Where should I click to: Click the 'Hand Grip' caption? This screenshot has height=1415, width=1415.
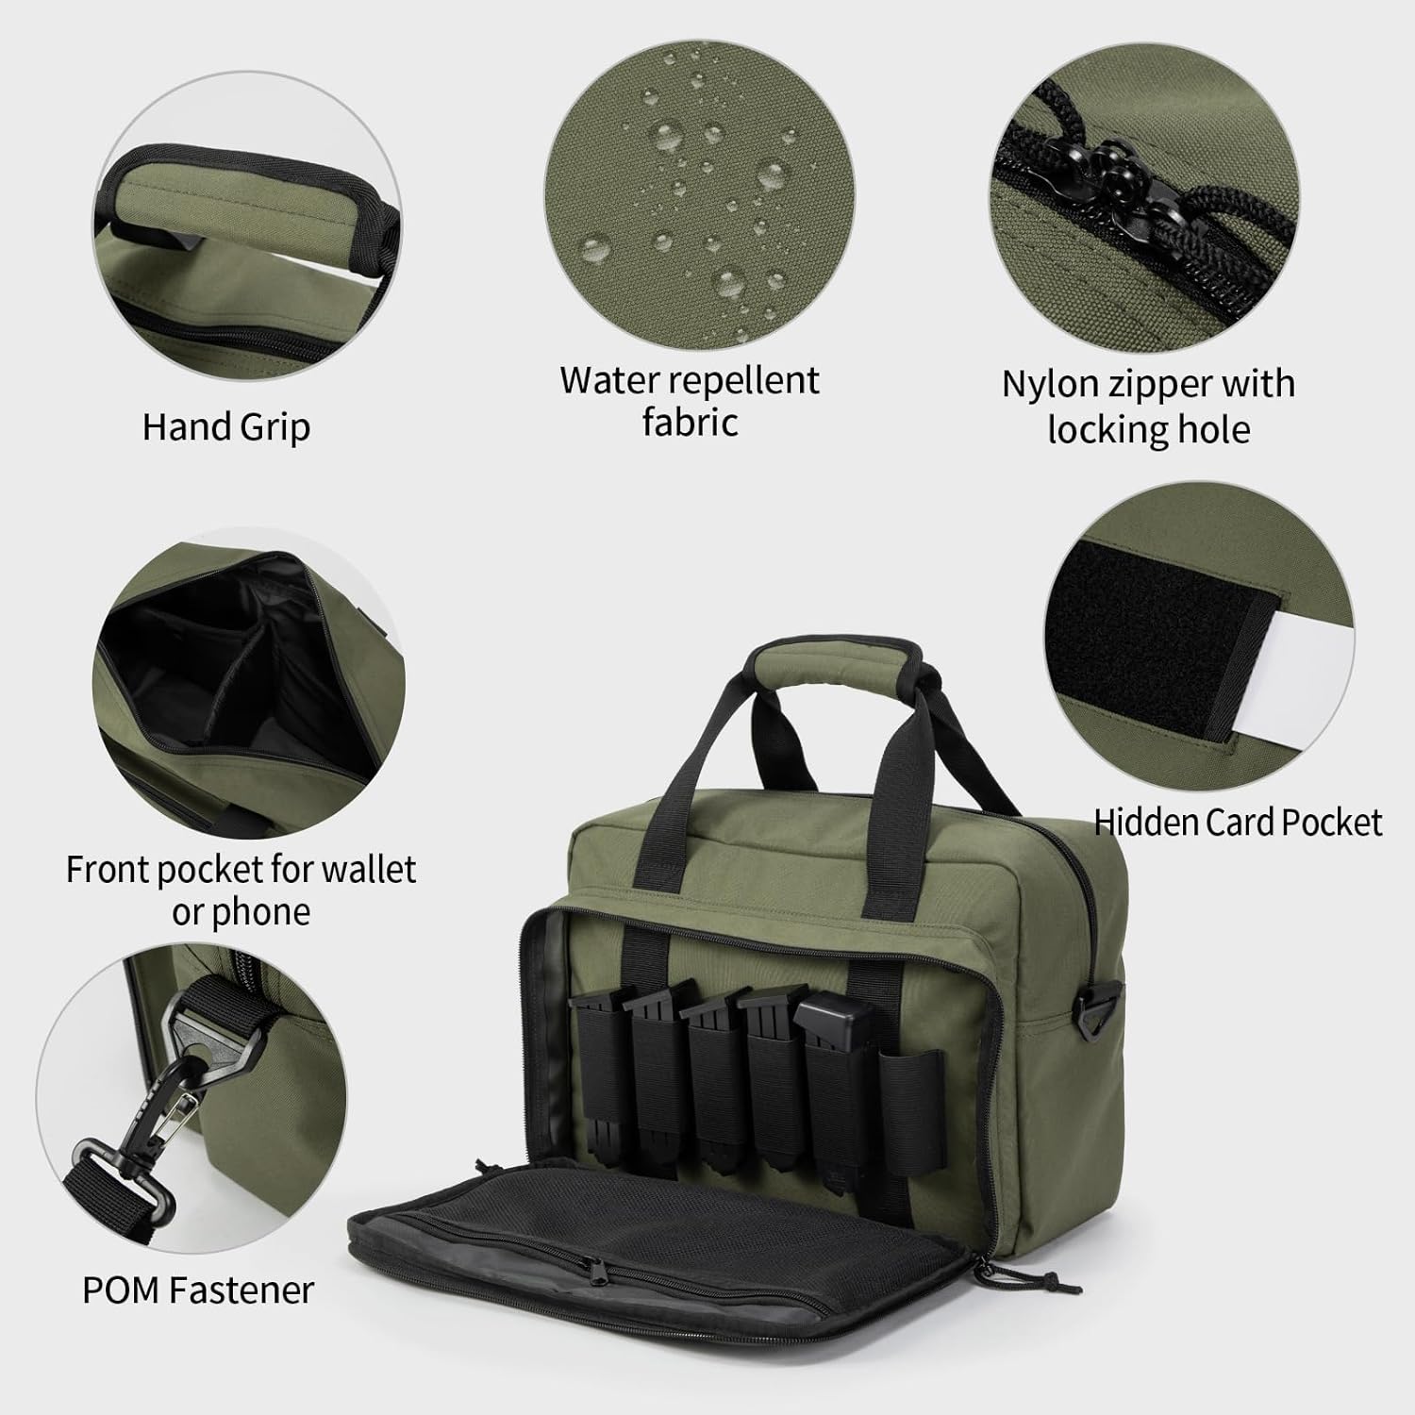226,427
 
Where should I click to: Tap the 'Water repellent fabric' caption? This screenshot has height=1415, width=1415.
690,401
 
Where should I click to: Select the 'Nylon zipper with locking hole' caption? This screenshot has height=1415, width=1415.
1148,407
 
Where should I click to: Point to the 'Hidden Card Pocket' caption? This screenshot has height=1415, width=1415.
1238,823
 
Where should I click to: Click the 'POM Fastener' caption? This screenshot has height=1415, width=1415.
198,1290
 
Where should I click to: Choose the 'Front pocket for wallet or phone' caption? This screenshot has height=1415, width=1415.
241,890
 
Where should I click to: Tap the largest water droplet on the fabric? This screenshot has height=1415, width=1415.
597,248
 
